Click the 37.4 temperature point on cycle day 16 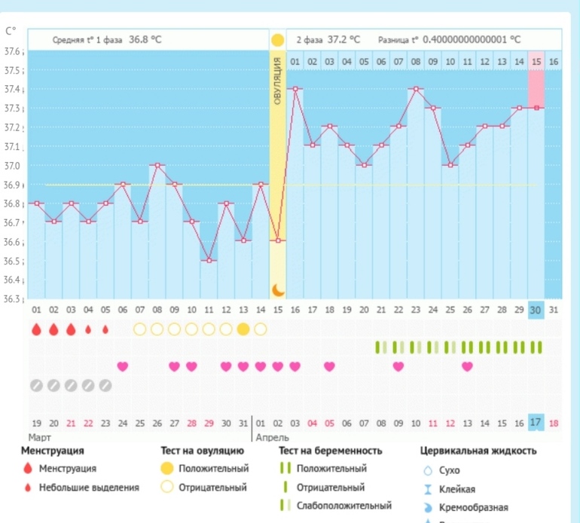(x=295, y=88)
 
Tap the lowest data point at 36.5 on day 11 (x=209, y=260)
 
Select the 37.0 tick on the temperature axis (x=13, y=166)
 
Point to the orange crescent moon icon (x=278, y=289)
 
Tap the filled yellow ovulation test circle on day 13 (x=243, y=329)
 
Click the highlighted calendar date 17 (x=536, y=423)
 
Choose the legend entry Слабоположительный (x=344, y=506)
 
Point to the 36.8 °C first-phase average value (x=145, y=39)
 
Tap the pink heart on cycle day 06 (x=123, y=366)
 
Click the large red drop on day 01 (x=36, y=329)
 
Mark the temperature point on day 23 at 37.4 (x=416, y=88)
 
